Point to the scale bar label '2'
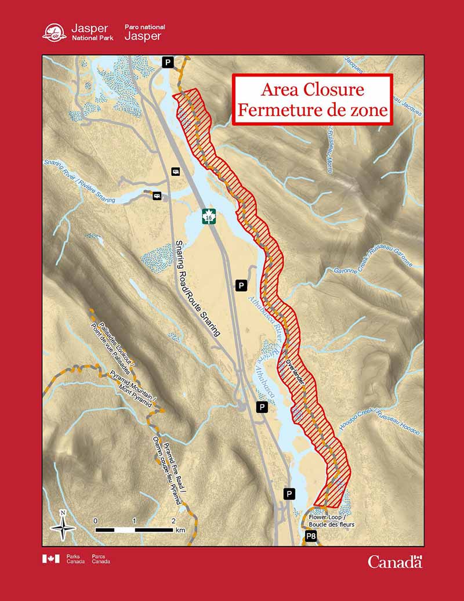point(174,520)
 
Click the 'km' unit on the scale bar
point(180,530)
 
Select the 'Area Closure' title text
point(312,90)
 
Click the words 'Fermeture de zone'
point(312,110)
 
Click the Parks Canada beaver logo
point(55,32)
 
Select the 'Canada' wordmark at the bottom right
point(395,561)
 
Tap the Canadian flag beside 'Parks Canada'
point(50,559)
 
